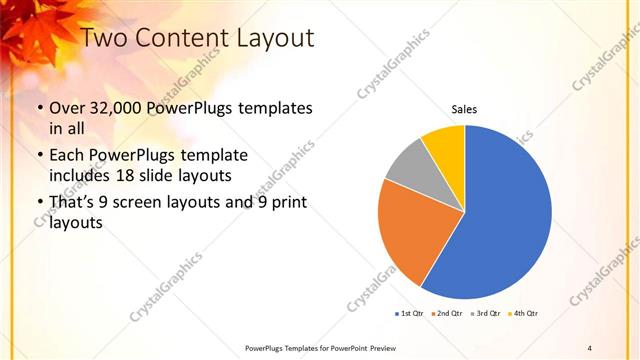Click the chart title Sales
tap(464, 109)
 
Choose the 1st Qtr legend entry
tap(410, 314)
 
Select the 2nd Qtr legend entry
tap(447, 314)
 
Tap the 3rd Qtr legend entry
tap(486, 314)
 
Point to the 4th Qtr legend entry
tap(524, 314)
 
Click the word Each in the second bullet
tap(68, 155)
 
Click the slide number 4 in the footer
tap(591, 347)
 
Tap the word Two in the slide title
tap(105, 39)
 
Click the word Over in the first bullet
tap(68, 107)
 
